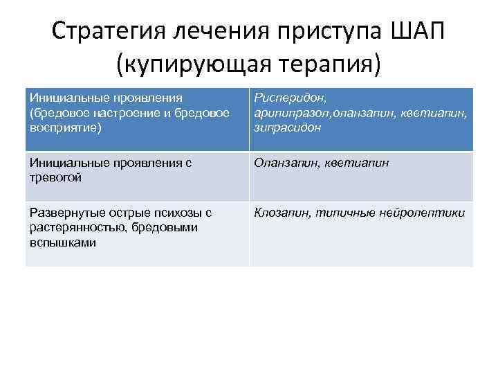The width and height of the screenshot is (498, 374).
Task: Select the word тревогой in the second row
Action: click(55, 177)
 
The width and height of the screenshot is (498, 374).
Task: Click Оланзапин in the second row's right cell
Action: click(284, 163)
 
